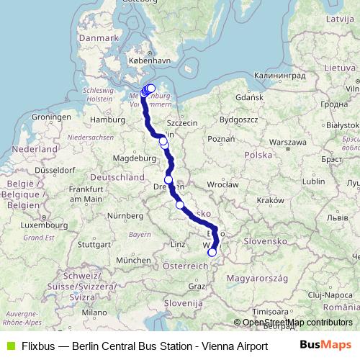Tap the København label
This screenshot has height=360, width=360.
(x=149, y=62)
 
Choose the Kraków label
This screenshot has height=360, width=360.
(x=271, y=200)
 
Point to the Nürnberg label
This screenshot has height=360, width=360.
(x=127, y=216)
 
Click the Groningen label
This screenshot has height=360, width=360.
(x=50, y=117)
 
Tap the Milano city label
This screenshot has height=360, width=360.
(x=94, y=313)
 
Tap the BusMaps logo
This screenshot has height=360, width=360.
(x=326, y=344)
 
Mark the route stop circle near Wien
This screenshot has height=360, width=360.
(x=212, y=252)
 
